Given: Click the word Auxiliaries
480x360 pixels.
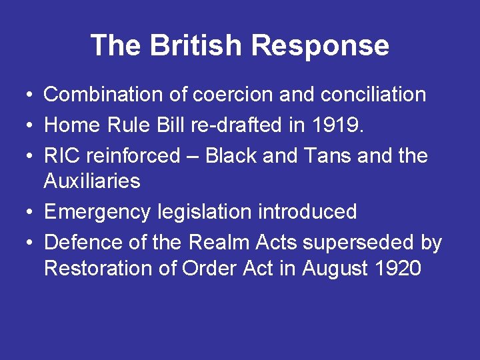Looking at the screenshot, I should point(92,181).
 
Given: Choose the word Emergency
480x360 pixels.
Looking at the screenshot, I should point(97,212).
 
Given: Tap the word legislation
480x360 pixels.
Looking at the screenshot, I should point(204,212).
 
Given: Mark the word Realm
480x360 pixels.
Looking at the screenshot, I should point(217,243).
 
